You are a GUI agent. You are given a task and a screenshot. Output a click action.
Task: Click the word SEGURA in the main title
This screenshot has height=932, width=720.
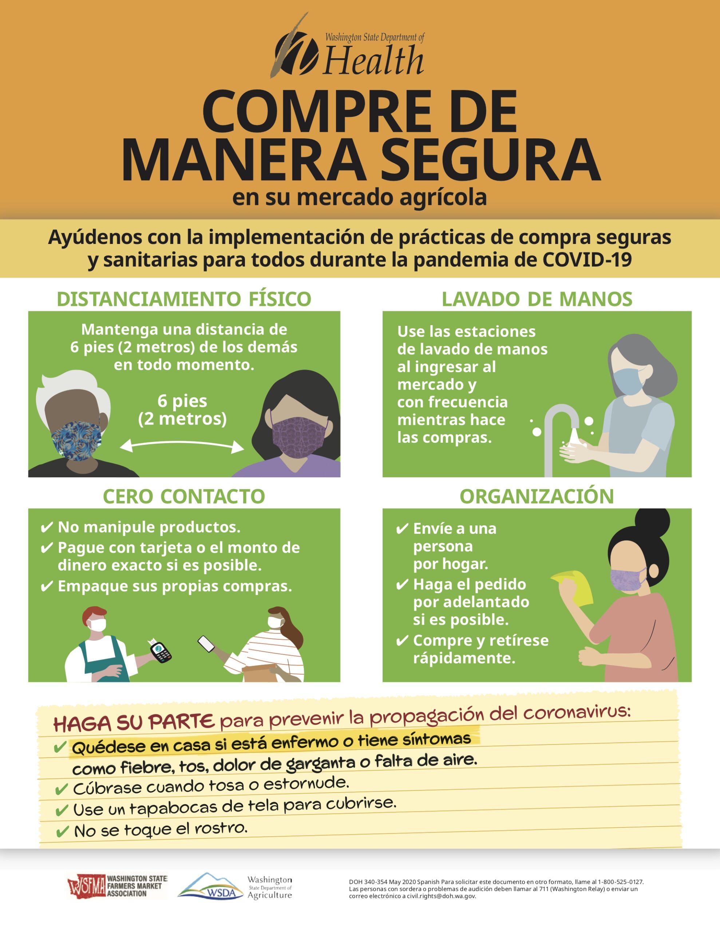point(490,160)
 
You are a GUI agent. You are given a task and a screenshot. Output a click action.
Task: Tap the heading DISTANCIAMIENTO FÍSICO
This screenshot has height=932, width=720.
point(184,299)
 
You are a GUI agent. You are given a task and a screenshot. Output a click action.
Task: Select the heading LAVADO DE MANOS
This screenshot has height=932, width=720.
point(537,299)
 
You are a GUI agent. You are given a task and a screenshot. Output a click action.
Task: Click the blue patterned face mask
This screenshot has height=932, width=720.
point(77,441)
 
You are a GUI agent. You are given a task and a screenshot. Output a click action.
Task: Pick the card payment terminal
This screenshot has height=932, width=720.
point(161,651)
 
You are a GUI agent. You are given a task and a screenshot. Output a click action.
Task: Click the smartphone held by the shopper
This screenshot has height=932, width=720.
point(206,644)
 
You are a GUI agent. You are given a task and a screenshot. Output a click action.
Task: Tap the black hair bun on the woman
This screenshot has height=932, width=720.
point(652,524)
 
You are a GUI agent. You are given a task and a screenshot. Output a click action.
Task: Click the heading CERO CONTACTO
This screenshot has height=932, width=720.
point(184,496)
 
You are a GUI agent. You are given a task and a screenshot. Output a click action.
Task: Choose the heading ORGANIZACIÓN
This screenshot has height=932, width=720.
point(537,496)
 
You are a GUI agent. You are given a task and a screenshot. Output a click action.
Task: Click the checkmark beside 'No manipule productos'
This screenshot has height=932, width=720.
point(47,528)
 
